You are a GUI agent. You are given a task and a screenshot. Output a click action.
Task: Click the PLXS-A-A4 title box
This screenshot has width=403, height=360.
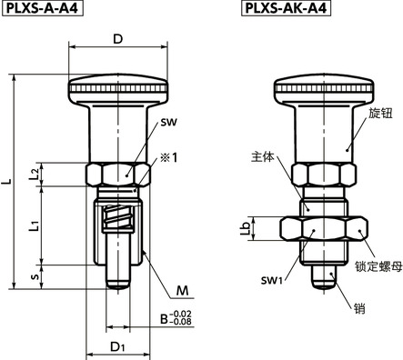(43, 8)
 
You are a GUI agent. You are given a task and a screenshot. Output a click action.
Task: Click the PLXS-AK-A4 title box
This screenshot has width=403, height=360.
(286, 8)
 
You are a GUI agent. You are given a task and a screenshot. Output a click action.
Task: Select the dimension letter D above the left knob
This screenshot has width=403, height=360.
(118, 39)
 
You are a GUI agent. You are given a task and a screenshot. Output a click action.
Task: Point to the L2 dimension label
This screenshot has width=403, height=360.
(34, 174)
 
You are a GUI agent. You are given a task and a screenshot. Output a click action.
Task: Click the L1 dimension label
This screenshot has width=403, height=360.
(34, 225)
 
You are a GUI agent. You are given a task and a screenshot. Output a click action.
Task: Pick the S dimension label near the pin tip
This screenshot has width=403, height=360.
(35, 276)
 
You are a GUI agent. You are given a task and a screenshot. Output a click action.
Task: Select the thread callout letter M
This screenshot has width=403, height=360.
(182, 291)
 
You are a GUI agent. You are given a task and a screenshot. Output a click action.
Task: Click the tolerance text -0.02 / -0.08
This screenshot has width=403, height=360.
(181, 318)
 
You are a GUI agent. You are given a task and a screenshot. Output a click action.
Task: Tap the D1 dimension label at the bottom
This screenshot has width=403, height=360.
(117, 346)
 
